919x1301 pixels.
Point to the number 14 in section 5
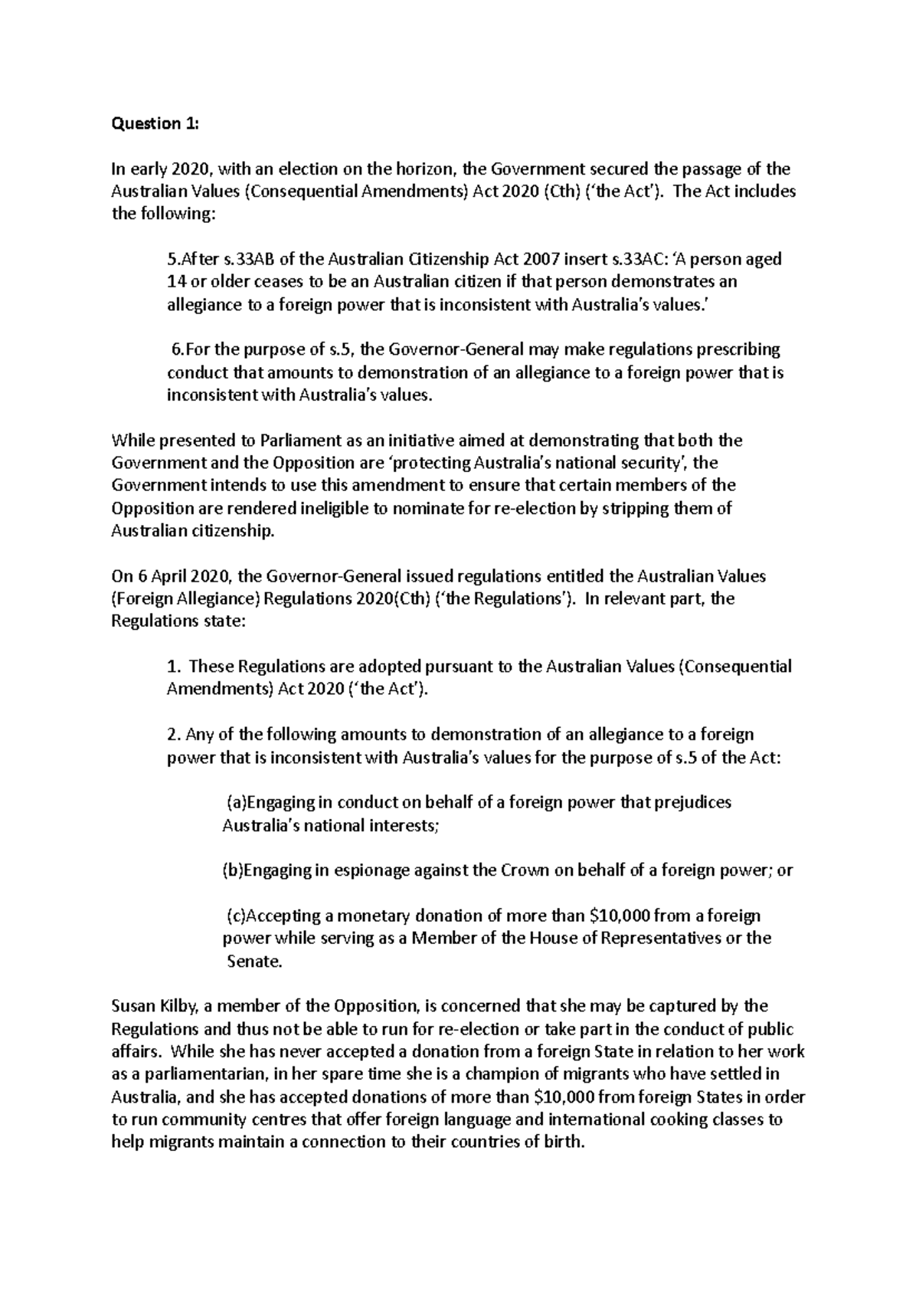pyautogui.click(x=175, y=282)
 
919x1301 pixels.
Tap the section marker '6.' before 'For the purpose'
pyautogui.click(x=177, y=350)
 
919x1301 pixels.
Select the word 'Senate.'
pyautogui.click(x=255, y=962)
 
